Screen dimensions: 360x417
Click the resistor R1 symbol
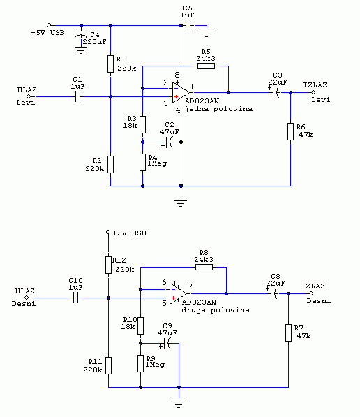click(110, 64)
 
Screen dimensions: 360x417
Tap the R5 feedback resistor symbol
click(206, 66)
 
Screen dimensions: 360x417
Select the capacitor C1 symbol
click(77, 97)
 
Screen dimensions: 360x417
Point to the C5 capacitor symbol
click(188, 26)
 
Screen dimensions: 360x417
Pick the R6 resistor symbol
click(290, 131)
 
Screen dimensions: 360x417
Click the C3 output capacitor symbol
click(276, 92)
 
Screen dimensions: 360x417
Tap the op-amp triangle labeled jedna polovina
click(181, 92)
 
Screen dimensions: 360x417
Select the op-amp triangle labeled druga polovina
click(179, 293)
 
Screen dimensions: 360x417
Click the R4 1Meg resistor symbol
click(142, 162)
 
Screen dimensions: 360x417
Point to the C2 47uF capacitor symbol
click(170, 142)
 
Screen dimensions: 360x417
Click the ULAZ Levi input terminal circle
click(29, 96)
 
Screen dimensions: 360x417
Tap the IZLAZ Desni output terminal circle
click(311, 293)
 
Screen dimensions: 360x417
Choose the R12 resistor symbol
click(108, 265)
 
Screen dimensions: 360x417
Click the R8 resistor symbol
click(204, 267)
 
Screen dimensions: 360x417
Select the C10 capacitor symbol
click(75, 298)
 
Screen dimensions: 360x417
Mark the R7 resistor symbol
click(288, 332)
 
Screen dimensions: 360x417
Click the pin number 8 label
click(177, 75)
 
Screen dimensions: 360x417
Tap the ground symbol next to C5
click(207, 33)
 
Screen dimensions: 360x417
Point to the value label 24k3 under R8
click(204, 260)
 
